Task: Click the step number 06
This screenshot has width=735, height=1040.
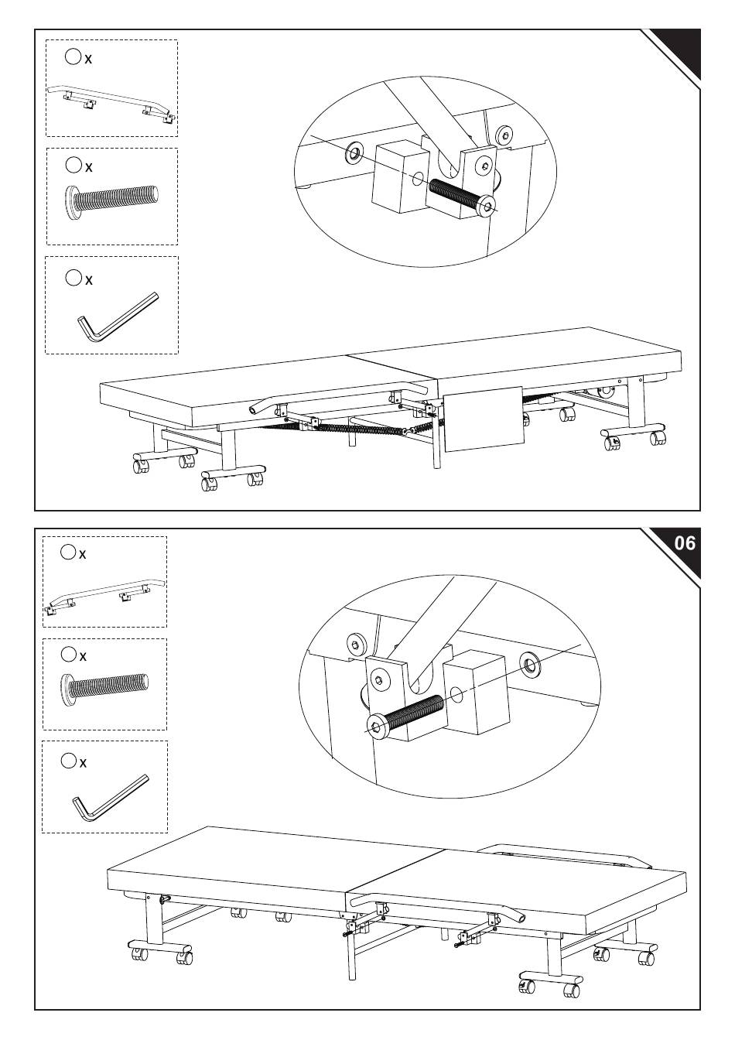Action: pyautogui.click(x=685, y=542)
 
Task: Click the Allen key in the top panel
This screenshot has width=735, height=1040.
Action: pyautogui.click(x=118, y=316)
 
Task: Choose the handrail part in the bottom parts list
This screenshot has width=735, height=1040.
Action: pyautogui.click(x=105, y=596)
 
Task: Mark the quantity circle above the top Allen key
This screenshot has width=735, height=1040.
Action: pyautogui.click(x=73, y=278)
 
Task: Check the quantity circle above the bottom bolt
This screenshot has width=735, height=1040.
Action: pyautogui.click(x=68, y=654)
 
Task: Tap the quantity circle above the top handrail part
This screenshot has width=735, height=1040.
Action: pyautogui.click(x=73, y=57)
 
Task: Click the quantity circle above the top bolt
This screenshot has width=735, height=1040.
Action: pyautogui.click(x=73, y=165)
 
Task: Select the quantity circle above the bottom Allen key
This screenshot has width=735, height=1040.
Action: pyautogui.click(x=68, y=761)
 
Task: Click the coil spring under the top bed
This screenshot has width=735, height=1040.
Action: pyautogui.click(x=360, y=429)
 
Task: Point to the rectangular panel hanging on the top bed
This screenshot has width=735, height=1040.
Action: pyautogui.click(x=484, y=419)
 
